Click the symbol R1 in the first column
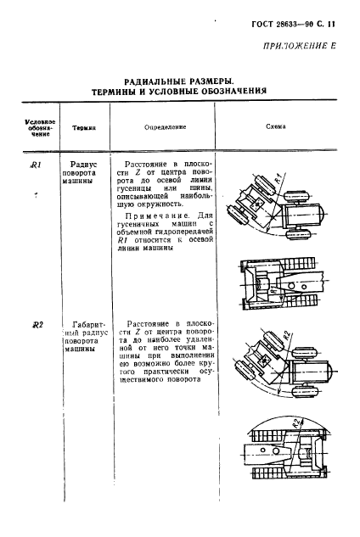click(x=36, y=165)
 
